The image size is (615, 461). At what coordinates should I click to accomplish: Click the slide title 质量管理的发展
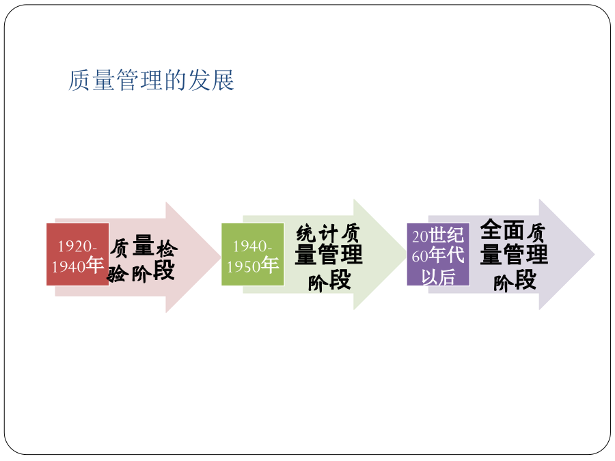pyautogui.click(x=152, y=81)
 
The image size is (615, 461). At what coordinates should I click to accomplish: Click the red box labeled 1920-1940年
pyautogui.click(x=78, y=255)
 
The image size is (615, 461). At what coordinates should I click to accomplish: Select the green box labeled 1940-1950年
pyautogui.click(x=253, y=255)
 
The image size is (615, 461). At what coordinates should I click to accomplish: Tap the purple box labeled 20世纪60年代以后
pyautogui.click(x=439, y=255)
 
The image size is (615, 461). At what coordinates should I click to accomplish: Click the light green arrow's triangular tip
pyautogui.click(x=406, y=255)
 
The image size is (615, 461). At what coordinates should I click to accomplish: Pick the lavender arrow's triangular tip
pyautogui.click(x=594, y=255)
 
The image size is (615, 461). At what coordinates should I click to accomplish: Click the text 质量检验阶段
pyautogui.click(x=142, y=259)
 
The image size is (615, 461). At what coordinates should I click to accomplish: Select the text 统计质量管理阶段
pyautogui.click(x=329, y=257)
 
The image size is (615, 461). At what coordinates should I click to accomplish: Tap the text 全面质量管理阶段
pyautogui.click(x=514, y=255)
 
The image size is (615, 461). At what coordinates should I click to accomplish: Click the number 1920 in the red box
pyautogui.click(x=75, y=247)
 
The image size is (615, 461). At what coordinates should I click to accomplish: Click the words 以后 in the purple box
pyautogui.click(x=439, y=277)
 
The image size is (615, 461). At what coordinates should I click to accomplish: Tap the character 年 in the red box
pyautogui.click(x=95, y=265)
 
